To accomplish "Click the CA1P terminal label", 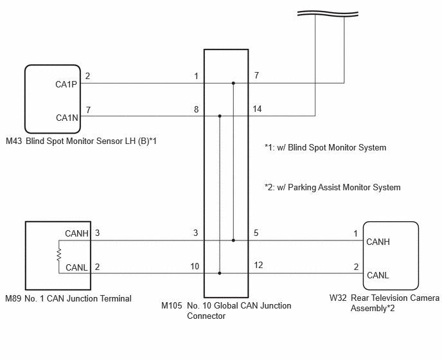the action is coord(66,84).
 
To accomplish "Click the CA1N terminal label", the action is coord(67,118).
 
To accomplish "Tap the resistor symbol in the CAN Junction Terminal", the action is coord(59,255).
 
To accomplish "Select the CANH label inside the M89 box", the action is coord(76,233).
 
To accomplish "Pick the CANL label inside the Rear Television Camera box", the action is coord(378,275).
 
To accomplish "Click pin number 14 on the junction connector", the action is coord(257,109).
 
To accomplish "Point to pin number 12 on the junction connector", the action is coord(258,265).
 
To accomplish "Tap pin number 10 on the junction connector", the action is coord(195,266).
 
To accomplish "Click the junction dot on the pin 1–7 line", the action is coord(233,83).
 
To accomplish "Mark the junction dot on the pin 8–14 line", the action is coord(220,116).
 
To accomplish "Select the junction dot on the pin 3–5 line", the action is coord(233,240).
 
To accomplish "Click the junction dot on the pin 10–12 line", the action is coord(220,273).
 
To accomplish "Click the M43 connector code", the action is coord(14,141).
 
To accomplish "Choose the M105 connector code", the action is coord(172,305).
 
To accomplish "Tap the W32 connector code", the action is coord(338,298).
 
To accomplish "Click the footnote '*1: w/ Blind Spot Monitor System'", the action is coord(325,148).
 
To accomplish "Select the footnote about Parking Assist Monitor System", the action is coord(333,187).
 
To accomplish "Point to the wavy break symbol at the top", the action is coord(328,14).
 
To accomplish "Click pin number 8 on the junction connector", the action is coord(196,109).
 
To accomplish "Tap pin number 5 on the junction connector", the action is coord(256,233).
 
